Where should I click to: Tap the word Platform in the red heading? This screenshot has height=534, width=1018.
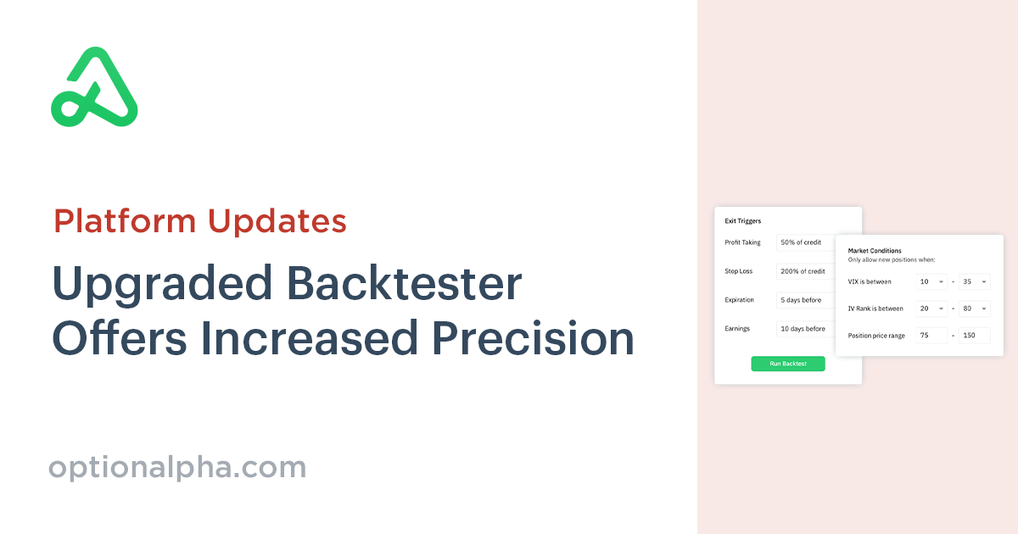125,221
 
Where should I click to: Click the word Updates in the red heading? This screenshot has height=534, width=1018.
277,221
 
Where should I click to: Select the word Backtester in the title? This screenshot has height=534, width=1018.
405,283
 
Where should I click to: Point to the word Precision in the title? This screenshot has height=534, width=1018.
533,338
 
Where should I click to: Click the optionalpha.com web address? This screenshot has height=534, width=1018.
177,468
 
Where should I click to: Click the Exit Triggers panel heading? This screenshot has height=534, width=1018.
742,221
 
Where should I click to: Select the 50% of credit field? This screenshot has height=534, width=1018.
806,242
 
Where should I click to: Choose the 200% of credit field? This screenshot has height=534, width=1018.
806,271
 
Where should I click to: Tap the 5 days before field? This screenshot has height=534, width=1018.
806,300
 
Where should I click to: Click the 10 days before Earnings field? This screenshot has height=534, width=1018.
806,329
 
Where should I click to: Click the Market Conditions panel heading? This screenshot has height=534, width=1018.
875,251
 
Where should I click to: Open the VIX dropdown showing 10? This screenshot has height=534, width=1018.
931,281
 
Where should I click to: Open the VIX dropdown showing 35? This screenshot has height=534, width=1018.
975,281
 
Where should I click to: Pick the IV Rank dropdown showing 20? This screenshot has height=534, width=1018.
931,309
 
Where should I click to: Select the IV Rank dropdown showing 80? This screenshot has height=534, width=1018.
975,309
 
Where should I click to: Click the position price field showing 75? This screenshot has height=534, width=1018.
931,336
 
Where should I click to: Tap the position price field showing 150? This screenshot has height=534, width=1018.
975,336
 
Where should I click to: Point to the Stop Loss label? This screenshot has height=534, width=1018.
739,271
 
